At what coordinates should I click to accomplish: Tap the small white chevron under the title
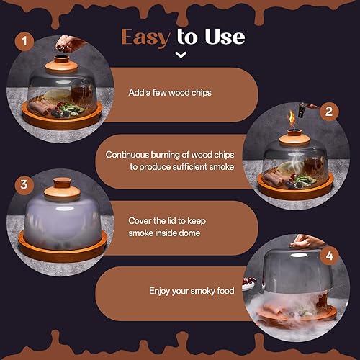coord(181,54)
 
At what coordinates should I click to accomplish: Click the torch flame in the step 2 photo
coord(292,117)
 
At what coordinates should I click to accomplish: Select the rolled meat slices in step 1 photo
coord(43,109)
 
